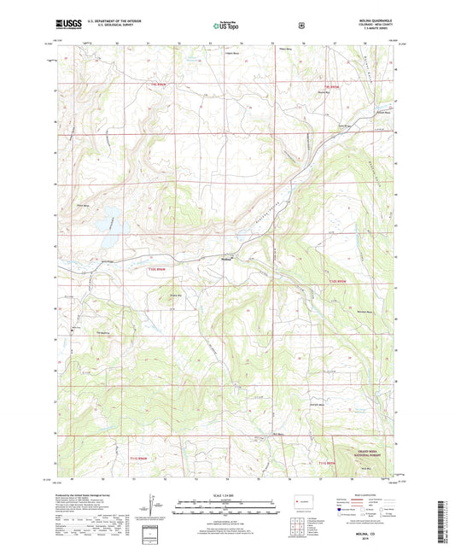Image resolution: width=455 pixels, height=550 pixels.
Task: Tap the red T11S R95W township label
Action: click(329, 462)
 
